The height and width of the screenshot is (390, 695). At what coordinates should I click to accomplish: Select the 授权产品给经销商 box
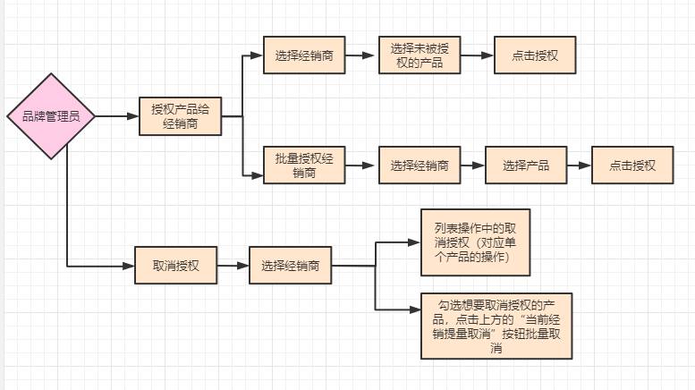pyautogui.click(x=180, y=115)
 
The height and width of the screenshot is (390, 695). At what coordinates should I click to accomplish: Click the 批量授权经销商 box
pyautogui.click(x=304, y=165)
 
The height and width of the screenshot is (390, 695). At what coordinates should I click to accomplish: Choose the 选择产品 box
pyautogui.click(x=526, y=165)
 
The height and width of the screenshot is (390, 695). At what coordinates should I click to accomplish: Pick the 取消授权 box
pyautogui.click(x=175, y=266)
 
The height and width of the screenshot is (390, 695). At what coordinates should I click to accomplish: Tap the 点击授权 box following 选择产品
pyautogui.click(x=633, y=165)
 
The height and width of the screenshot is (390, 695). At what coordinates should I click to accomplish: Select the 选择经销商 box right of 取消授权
pyautogui.click(x=291, y=266)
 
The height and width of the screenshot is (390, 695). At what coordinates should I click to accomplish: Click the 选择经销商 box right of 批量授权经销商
pyautogui.click(x=420, y=165)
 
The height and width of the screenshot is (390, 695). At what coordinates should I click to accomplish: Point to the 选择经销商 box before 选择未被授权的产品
pyautogui.click(x=305, y=55)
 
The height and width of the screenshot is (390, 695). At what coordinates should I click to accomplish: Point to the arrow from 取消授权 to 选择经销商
pyautogui.click(x=233, y=266)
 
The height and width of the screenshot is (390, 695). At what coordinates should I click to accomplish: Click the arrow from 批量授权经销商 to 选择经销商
pyautogui.click(x=361, y=165)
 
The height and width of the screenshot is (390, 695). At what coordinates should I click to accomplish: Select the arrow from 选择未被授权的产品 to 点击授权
pyautogui.click(x=475, y=55)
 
